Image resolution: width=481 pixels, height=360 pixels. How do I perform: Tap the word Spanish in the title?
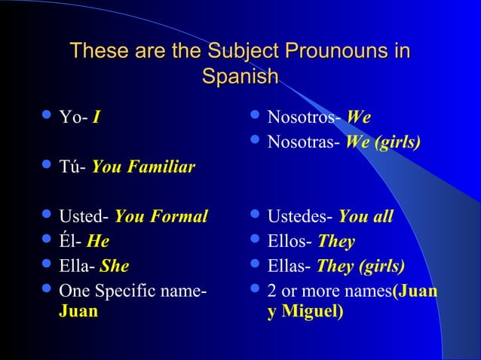click(x=240, y=77)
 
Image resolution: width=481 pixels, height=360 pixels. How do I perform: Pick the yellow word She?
click(x=115, y=266)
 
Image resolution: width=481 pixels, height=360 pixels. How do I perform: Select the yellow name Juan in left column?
click(x=78, y=310)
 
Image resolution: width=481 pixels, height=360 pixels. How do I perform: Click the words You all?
click(x=366, y=218)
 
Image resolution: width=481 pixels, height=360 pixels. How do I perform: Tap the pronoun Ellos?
click(x=290, y=242)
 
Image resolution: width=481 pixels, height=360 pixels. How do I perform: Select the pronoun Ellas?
click(x=290, y=266)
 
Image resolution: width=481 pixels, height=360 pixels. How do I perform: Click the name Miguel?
click(x=311, y=310)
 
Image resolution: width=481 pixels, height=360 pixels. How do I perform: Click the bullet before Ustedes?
click(x=255, y=218)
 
